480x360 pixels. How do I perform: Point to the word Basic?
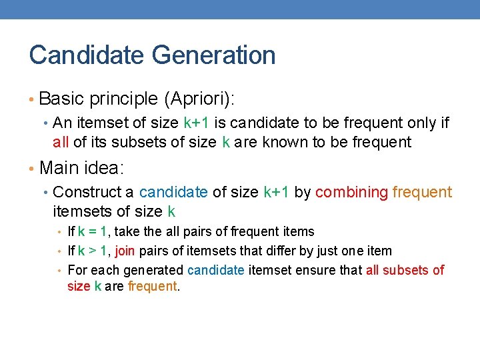[x=61, y=99]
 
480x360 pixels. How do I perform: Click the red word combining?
[x=351, y=193]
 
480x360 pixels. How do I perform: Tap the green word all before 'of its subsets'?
[x=61, y=142]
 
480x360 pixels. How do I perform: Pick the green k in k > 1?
[x=81, y=251]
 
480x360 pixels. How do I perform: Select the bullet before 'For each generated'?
[x=59, y=271]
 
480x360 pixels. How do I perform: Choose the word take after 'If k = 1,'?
[x=127, y=231]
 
